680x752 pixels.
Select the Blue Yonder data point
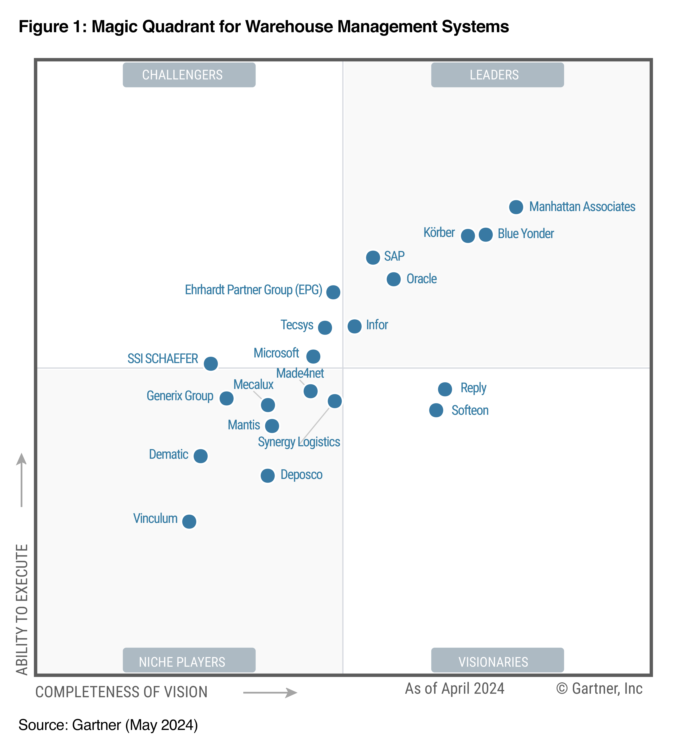(x=485, y=235)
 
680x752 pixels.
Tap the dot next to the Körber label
(x=468, y=236)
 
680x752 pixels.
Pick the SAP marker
(x=373, y=257)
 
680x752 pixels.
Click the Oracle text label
(x=421, y=279)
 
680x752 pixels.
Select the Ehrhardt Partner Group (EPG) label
(x=253, y=290)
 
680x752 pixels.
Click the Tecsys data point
(x=325, y=328)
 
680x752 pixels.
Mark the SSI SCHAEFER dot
(x=211, y=363)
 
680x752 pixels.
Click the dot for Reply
(x=445, y=389)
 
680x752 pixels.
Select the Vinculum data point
(x=189, y=521)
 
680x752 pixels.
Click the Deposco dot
(x=267, y=476)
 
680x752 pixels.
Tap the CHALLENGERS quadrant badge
(x=189, y=75)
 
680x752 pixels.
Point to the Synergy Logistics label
(x=299, y=442)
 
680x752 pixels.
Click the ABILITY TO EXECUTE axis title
(x=22, y=610)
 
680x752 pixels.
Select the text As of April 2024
(x=454, y=689)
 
